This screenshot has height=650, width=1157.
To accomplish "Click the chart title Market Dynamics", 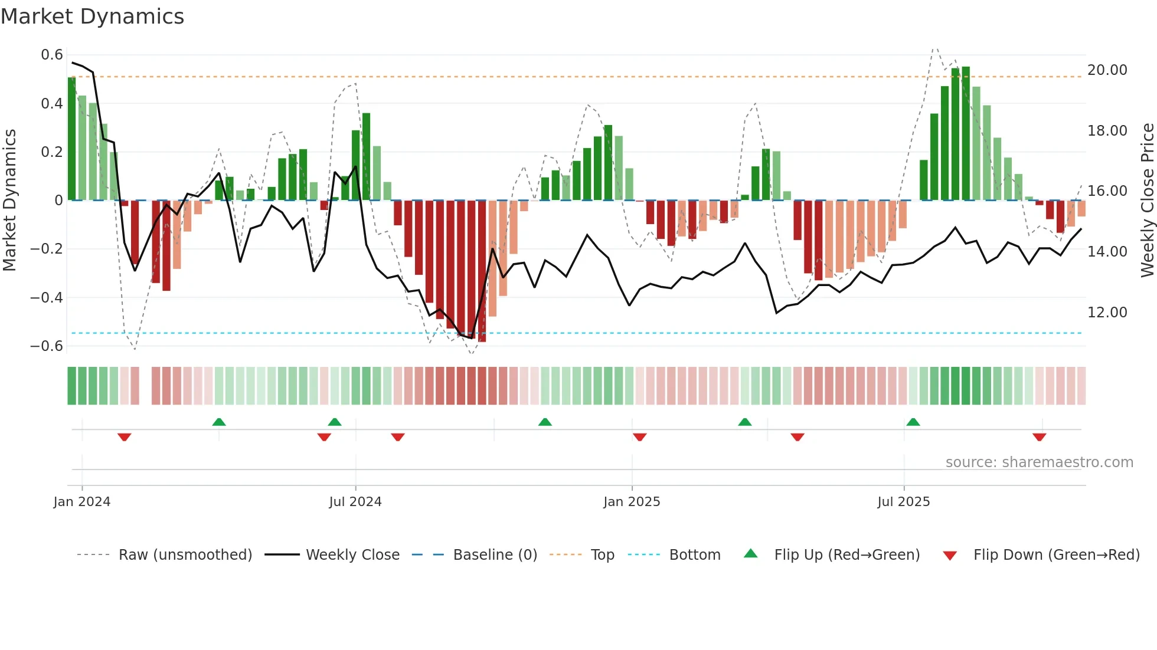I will coord(92,17).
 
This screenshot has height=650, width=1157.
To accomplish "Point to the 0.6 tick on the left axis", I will coord(52,55).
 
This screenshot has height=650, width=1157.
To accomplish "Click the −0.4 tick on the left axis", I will coord(47,297).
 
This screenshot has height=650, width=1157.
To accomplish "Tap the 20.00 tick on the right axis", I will coord(1107,70).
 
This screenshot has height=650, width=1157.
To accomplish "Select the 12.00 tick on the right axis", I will coord(1107,313).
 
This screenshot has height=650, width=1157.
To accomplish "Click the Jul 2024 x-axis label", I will coord(355,502).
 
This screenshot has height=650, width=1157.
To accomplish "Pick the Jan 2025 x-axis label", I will coord(632,502).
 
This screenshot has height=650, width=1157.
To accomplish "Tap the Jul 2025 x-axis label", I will coord(904,502).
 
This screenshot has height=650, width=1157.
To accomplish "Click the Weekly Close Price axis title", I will coord(1147,201).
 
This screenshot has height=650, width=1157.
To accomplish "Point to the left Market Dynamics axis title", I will coord(9,201).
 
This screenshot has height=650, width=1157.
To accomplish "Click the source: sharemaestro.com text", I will coord(1039,462).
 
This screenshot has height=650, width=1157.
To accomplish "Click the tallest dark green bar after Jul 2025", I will coord(966,133).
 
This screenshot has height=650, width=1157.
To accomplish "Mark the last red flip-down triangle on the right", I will coord(1040,437).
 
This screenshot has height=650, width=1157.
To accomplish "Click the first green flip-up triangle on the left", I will coord(219,422).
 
